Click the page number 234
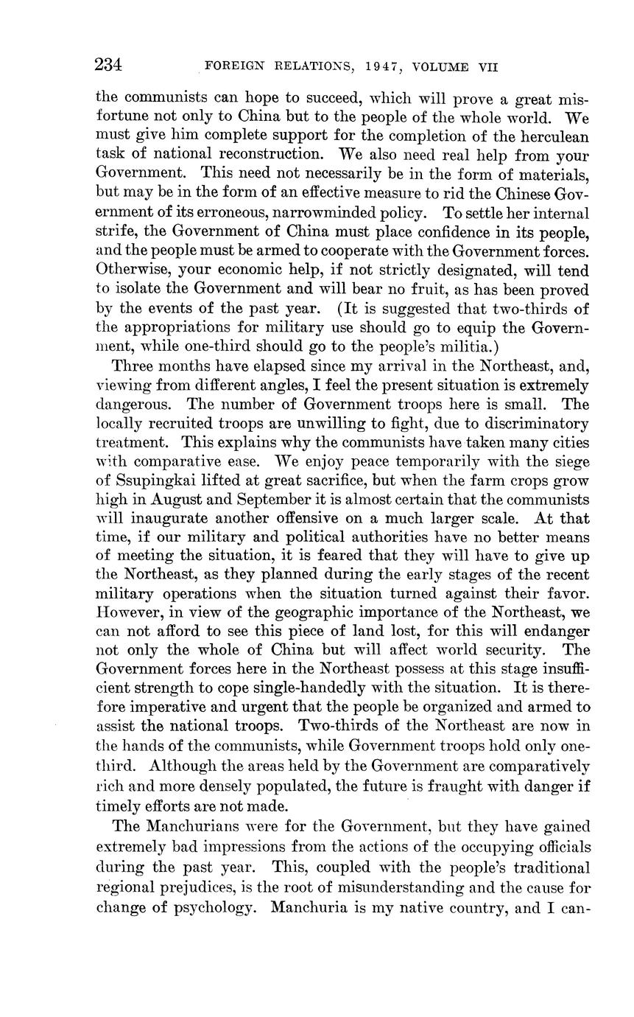108,65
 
